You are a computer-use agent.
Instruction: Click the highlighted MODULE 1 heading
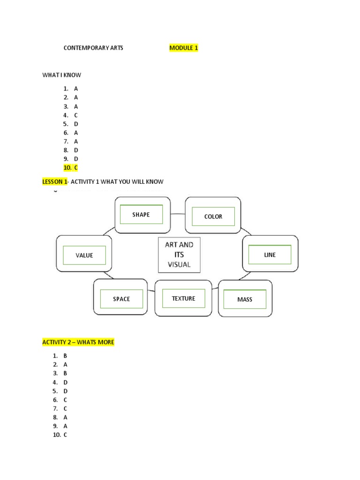[x=184, y=48]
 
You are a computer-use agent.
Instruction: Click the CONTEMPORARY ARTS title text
[x=93, y=48]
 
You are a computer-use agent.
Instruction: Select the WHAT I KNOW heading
[x=62, y=75]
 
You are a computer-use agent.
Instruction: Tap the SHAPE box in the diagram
[x=141, y=215]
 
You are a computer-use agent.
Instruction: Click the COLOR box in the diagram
[x=213, y=217]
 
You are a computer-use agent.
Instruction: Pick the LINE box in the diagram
[x=270, y=255]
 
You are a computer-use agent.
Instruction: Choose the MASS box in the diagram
[x=245, y=300]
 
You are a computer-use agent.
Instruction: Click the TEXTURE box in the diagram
[x=183, y=299]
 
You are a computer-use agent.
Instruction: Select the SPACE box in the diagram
[x=121, y=299]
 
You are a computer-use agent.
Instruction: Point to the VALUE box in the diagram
[x=84, y=255]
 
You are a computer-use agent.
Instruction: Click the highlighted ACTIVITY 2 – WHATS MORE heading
[x=78, y=343]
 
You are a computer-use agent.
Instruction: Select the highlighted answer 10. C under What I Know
[x=70, y=167]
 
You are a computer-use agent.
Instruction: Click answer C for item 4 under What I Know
[x=76, y=115]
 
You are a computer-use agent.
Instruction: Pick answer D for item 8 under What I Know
[x=76, y=150]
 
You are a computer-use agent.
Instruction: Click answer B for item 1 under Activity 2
[x=66, y=356]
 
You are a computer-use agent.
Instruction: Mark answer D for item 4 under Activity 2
[x=66, y=382]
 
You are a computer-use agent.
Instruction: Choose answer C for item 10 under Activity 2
[x=66, y=435]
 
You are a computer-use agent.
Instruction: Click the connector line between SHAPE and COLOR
[x=177, y=214]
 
